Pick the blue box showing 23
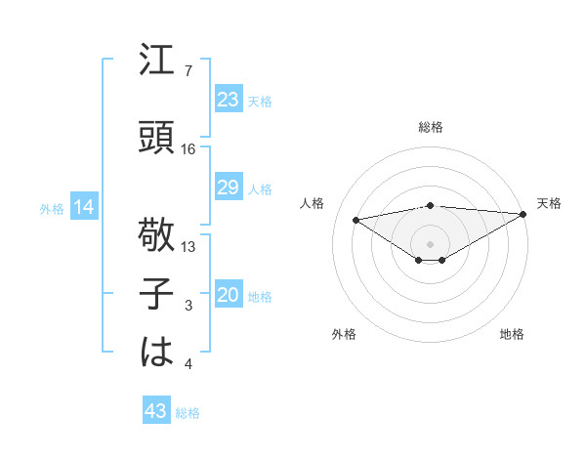tap(228, 99)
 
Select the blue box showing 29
tap(228, 188)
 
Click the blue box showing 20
tap(228, 295)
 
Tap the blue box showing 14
tap(83, 207)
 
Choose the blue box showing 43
tap(156, 411)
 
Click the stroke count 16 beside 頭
tap(188, 149)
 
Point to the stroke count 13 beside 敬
tap(188, 247)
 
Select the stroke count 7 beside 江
tap(188, 71)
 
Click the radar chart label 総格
tap(430, 127)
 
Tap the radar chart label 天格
tap(549, 203)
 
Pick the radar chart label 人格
tap(313, 203)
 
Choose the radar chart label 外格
tap(343, 334)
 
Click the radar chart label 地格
tap(512, 334)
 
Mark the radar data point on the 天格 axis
tap(523, 213)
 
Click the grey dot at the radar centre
tap(430, 242)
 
